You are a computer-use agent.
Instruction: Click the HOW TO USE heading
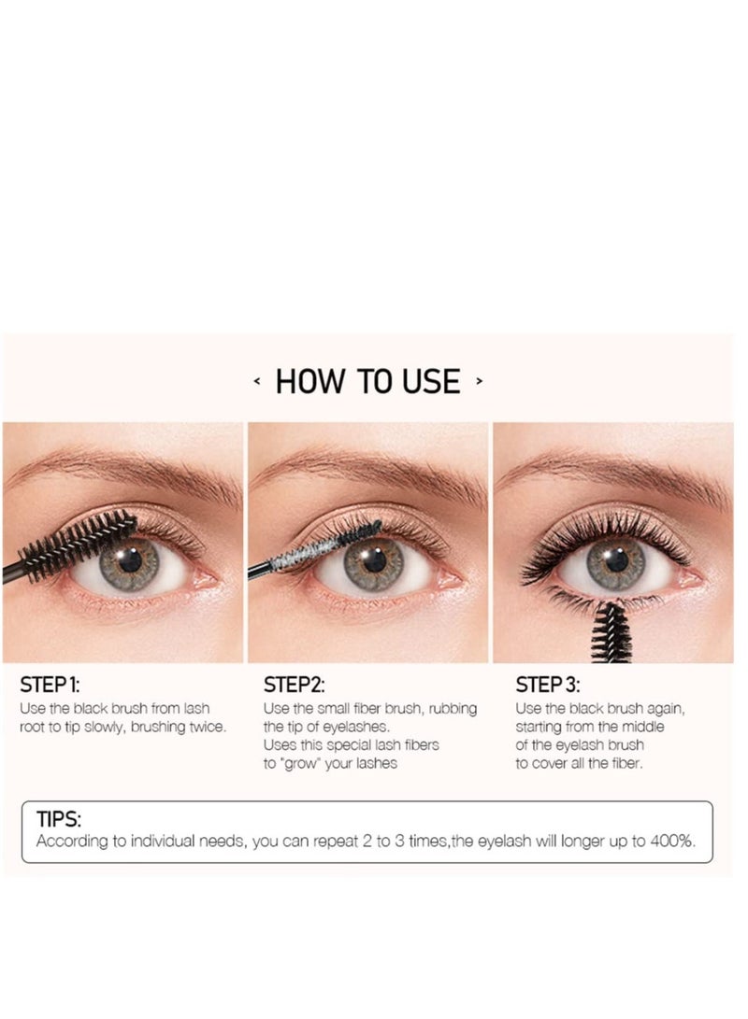367,381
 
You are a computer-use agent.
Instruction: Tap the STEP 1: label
56,685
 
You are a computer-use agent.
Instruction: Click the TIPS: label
59,819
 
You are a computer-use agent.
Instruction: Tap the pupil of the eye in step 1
130,560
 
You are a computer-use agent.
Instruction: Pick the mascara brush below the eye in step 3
610,630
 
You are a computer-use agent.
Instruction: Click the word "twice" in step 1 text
205,727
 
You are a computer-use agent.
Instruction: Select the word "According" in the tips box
71,841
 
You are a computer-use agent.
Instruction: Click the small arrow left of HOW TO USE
257,381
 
